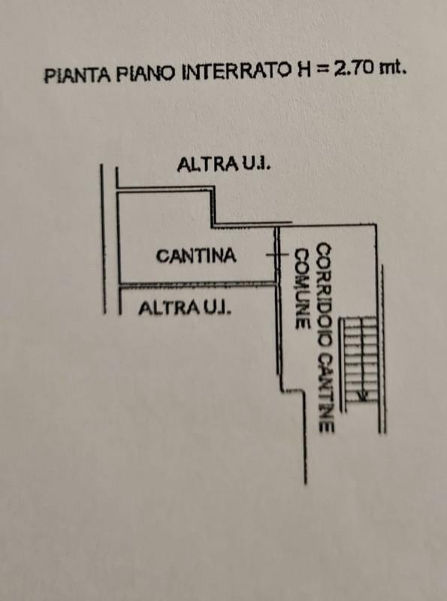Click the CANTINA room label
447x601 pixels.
[x=196, y=255]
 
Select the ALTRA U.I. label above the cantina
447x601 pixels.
[x=225, y=165]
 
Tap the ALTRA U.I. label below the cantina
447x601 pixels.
[x=185, y=308]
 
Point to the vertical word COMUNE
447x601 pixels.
[x=302, y=288]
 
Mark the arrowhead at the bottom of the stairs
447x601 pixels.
[x=361, y=397]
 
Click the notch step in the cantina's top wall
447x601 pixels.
[x=213, y=223]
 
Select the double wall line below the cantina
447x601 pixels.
[x=197, y=284]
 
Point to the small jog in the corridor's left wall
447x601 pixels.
[x=293, y=391]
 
